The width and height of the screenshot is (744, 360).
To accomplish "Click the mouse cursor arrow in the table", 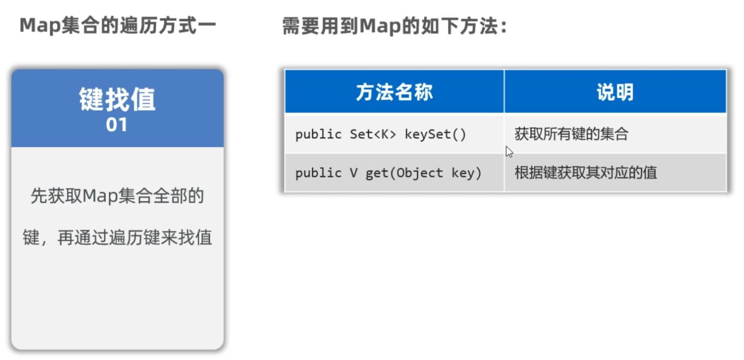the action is (509, 152).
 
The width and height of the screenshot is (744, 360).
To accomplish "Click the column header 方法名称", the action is (394, 92).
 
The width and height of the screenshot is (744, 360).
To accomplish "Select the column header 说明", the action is (615, 92).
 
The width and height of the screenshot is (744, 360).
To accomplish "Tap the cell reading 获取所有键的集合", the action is (571, 134).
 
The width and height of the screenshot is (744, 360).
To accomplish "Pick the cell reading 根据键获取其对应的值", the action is (586, 173).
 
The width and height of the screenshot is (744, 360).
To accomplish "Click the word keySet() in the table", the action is (435, 134).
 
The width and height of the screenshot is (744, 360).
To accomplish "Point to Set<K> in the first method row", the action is (373, 134).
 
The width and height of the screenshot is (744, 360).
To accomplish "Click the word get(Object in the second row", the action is (404, 173).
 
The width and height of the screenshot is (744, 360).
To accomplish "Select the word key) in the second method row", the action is (466, 173).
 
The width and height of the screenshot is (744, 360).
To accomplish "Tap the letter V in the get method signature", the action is (353, 173).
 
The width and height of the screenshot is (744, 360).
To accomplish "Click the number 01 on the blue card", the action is (117, 125).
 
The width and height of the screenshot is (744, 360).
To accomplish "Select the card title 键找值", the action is (117, 99).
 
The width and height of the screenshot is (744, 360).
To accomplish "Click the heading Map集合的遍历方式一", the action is (118, 26).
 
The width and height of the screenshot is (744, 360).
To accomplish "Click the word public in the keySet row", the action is (318, 134).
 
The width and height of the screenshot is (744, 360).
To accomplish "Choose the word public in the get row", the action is (318, 173).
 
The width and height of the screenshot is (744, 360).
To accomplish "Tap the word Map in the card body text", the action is (100, 196).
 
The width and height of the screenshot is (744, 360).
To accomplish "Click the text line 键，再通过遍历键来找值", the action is (117, 237).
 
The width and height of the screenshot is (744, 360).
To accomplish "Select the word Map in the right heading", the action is (380, 26).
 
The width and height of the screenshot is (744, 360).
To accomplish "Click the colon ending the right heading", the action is (504, 27).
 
